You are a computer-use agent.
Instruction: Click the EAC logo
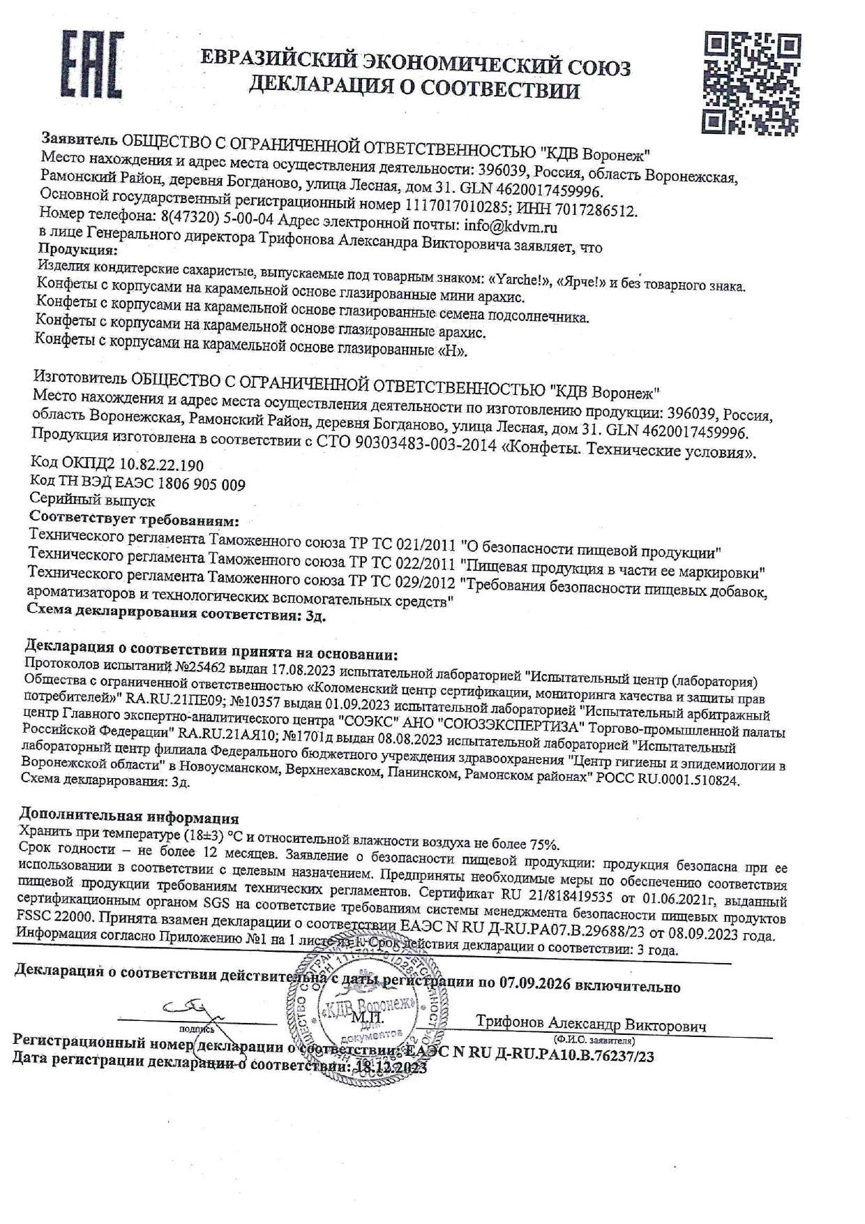pos(93,65)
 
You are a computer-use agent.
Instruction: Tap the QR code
pos(750,82)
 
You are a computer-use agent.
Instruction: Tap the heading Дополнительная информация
pos(129,817)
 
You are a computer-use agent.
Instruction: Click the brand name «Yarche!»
pos(516,280)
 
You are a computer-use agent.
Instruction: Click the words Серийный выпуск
pos(92,500)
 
